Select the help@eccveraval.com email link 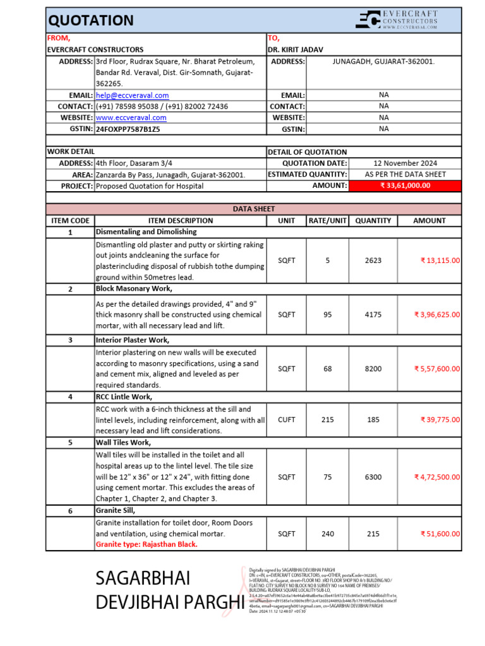132,95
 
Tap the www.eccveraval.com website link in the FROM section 131,117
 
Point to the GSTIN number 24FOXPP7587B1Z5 128,129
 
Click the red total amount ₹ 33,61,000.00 405,185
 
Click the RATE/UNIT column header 327,221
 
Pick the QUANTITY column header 373,221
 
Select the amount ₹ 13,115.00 440,261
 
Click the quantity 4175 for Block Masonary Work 373,315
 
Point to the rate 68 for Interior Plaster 327,369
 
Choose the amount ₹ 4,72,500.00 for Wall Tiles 436,477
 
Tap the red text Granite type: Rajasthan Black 147,544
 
